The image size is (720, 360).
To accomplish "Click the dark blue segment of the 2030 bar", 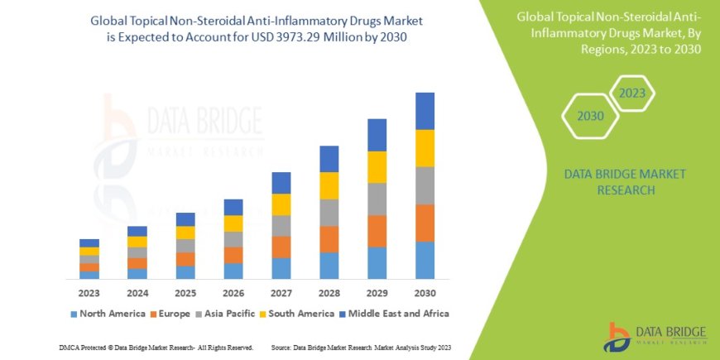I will (425, 111).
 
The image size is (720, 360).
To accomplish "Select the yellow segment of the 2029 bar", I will (377, 167).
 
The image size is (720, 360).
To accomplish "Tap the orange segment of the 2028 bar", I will (329, 239).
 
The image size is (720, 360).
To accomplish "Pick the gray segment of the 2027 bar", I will (281, 226).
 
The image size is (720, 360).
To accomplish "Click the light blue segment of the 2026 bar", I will (233, 271).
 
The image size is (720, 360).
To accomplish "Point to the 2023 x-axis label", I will (89, 293).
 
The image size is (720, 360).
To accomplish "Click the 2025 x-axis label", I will (185, 293).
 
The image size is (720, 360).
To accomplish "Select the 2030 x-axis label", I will (425, 293).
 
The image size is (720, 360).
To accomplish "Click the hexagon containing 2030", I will (590, 117).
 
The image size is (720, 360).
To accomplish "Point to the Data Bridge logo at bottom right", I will (657, 337).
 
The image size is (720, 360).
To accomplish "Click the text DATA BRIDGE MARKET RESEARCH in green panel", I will (609, 182).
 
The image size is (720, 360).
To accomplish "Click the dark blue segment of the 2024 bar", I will (137, 231).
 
